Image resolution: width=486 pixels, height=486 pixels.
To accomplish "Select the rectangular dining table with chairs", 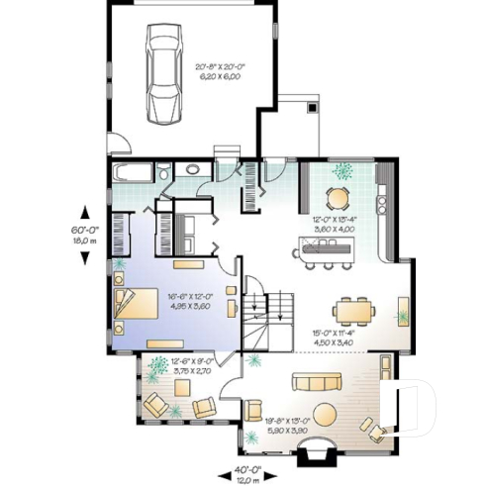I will (353, 312).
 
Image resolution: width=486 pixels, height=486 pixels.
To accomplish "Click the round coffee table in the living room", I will (323, 414).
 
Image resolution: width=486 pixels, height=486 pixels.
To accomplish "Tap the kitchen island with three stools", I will (320, 251).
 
